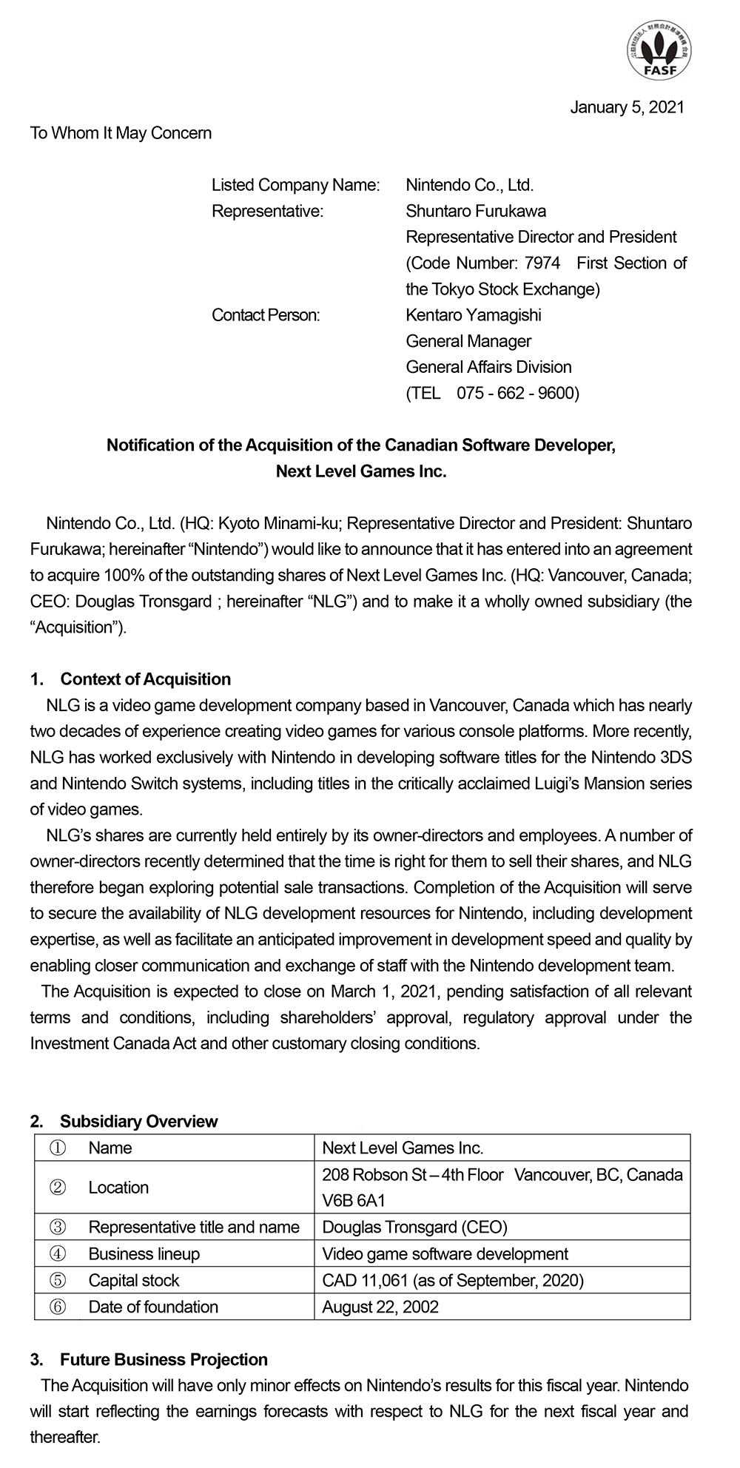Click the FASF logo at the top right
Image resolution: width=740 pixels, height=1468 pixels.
tap(658, 50)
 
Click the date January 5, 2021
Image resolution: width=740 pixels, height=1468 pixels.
tap(627, 107)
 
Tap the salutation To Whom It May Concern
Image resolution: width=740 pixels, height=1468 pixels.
tap(121, 133)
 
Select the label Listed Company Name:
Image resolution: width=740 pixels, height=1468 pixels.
tap(295, 185)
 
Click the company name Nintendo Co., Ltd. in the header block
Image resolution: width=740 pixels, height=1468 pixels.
tap(469, 185)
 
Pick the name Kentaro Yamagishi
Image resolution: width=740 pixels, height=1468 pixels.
tap(473, 315)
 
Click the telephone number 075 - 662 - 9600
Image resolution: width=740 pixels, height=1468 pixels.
tap(517, 393)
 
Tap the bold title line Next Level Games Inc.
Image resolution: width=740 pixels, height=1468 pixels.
tap(361, 471)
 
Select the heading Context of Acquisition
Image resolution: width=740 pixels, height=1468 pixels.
tap(145, 679)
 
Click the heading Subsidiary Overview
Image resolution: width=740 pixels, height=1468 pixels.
tap(138, 1121)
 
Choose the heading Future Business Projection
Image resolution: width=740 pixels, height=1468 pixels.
tap(164, 1359)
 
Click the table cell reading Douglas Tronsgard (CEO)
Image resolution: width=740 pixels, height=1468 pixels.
tap(414, 1227)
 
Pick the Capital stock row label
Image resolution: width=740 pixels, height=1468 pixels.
tap(133, 1280)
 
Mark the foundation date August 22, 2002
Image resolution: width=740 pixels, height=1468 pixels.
tap(380, 1307)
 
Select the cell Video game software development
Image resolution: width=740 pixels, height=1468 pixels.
tap(445, 1253)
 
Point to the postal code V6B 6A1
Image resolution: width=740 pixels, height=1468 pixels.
tap(354, 1200)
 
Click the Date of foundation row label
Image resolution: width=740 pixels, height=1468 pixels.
tap(153, 1307)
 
